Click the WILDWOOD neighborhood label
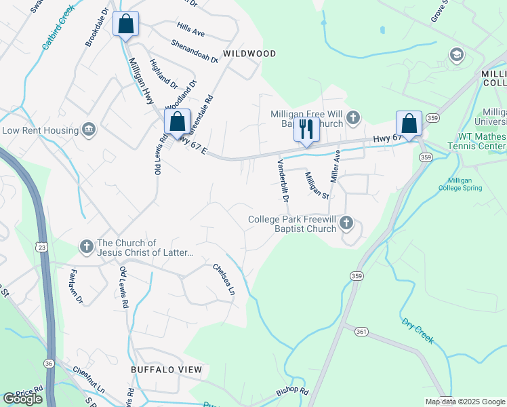pyautogui.click(x=250, y=54)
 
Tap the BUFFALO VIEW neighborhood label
pyautogui.click(x=167, y=370)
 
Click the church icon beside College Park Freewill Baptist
pyautogui.click(x=346, y=222)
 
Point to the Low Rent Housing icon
pyautogui.click(x=88, y=130)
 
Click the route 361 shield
pyautogui.click(x=361, y=332)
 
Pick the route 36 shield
pyautogui.click(x=49, y=364)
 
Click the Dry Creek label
pyautogui.click(x=417, y=330)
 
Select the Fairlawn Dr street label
pyautogui.click(x=75, y=286)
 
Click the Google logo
pyautogui.click(x=22, y=399)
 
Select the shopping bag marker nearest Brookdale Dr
pyautogui.click(x=126, y=24)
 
